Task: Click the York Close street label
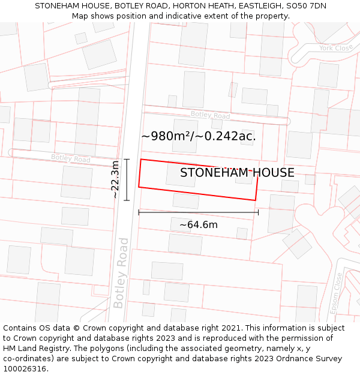[x=334, y=48]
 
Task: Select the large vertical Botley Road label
[x=121, y=273]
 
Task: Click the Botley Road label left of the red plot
[x=71, y=159]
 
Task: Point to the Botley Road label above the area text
[x=210, y=115]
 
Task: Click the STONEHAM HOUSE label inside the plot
[x=237, y=173]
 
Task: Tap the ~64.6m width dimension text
[x=198, y=225]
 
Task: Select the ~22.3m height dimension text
[x=116, y=179]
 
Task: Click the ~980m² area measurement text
[x=199, y=136]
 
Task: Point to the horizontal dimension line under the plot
[x=198, y=212]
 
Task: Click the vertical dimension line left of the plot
[x=127, y=179]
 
